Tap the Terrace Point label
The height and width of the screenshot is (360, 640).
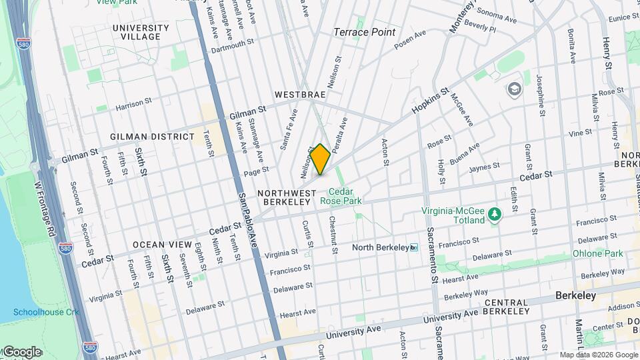coord(364,32)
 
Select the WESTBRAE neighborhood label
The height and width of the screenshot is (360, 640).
coord(300,95)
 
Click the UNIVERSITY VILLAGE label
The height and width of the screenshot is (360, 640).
coord(141,32)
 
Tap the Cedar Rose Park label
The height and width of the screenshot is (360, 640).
coord(341,195)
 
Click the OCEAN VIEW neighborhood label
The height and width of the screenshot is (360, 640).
coord(157,245)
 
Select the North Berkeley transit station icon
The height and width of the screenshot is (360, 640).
coord(414,248)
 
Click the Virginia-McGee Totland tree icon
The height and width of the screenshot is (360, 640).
coord(494,214)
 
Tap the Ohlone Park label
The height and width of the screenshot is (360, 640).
coord(597,253)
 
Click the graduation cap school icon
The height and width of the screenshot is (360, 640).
coord(514,89)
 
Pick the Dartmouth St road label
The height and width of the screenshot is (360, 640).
coord(233,50)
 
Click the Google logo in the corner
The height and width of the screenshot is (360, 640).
coord(21,351)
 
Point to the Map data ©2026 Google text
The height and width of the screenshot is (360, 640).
coord(598,355)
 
